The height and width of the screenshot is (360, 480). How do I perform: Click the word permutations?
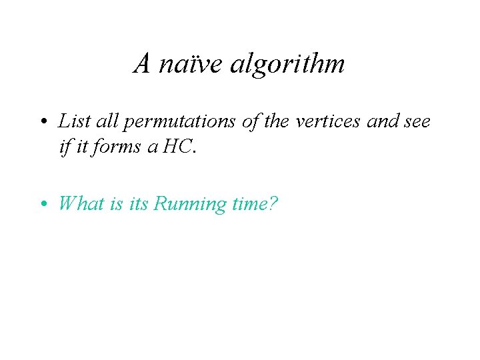click(170, 122)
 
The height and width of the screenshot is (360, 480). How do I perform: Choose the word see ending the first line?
click(416, 122)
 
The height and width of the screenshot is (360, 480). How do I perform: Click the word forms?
click(117, 146)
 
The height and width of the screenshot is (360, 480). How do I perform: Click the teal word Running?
click(189, 204)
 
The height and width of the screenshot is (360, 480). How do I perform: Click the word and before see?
click(381, 121)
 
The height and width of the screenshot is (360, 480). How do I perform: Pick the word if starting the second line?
click(64, 146)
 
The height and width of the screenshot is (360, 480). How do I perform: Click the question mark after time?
click(273, 203)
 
